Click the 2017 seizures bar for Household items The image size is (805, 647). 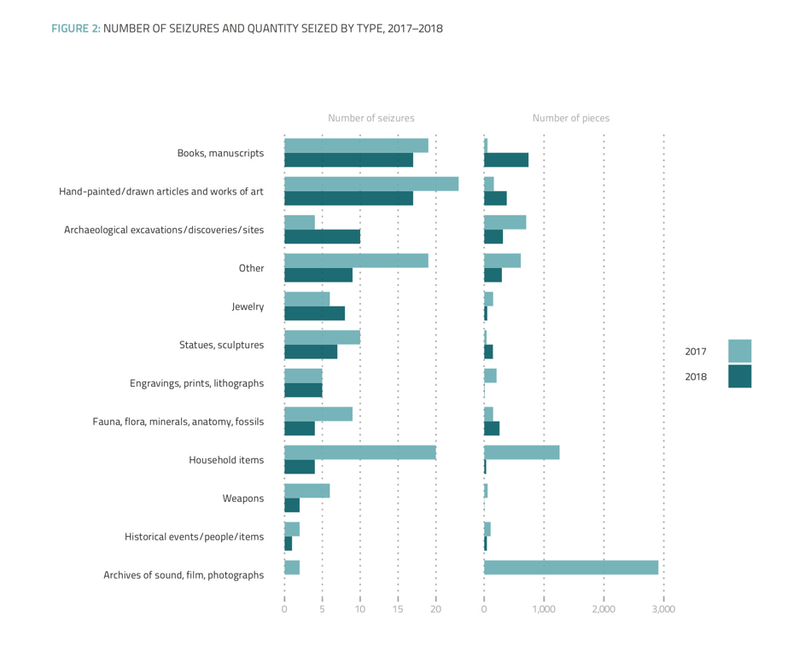click(x=359, y=452)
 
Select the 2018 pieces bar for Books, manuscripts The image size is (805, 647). click(x=505, y=160)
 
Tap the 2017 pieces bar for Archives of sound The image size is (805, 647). click(x=570, y=568)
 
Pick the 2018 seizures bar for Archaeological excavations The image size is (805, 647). click(x=322, y=236)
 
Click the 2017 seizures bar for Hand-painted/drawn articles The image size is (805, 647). click(x=370, y=184)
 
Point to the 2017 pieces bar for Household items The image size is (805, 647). click(x=521, y=452)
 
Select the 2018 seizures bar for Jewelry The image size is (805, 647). click(x=314, y=313)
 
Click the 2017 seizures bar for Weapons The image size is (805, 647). click(x=306, y=491)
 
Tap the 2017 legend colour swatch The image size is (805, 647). click(x=739, y=351)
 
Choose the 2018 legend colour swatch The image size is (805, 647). click(x=739, y=376)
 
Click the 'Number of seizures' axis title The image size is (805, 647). click(x=370, y=119)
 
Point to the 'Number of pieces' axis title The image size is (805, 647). click(x=570, y=119)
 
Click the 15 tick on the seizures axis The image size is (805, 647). click(x=398, y=609)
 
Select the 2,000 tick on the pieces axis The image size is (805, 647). click(x=603, y=609)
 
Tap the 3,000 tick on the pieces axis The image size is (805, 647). click(x=663, y=609)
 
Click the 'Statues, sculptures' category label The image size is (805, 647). click(x=221, y=345)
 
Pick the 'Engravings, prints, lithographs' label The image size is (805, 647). click(x=196, y=383)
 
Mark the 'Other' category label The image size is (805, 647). click(x=251, y=268)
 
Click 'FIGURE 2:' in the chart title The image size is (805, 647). click(x=76, y=28)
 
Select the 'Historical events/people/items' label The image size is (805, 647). click(x=194, y=537)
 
